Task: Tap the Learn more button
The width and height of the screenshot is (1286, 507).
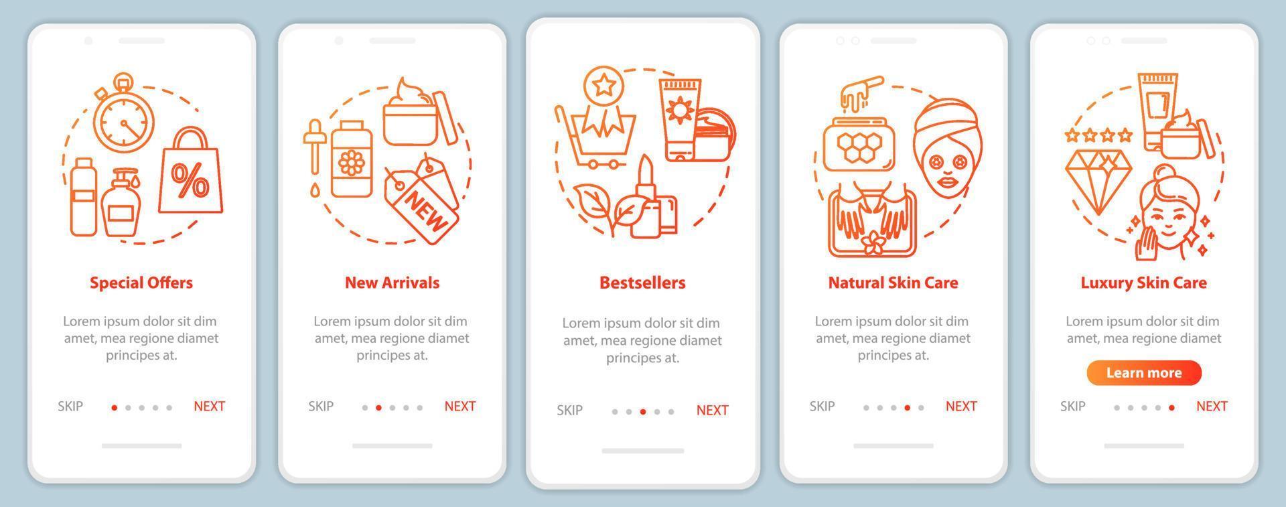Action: tap(1144, 373)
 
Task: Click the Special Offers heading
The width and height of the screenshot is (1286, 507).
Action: tap(141, 283)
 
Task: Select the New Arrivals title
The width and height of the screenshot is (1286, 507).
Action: tap(392, 283)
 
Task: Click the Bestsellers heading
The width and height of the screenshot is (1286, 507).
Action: tap(642, 283)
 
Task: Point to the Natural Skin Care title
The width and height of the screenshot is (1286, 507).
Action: tap(893, 283)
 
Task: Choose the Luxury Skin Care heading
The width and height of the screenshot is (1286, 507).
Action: tap(1143, 283)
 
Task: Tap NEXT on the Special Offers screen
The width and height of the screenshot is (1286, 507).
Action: tap(209, 406)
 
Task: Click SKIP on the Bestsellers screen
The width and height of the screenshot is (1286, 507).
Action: tap(569, 410)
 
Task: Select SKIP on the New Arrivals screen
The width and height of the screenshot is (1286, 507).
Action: tap(321, 406)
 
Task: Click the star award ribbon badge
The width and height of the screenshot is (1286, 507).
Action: tap(604, 100)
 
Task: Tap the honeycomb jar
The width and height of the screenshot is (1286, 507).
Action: tap(853, 144)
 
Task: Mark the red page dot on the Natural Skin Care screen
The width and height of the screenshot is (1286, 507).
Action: tap(908, 407)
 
